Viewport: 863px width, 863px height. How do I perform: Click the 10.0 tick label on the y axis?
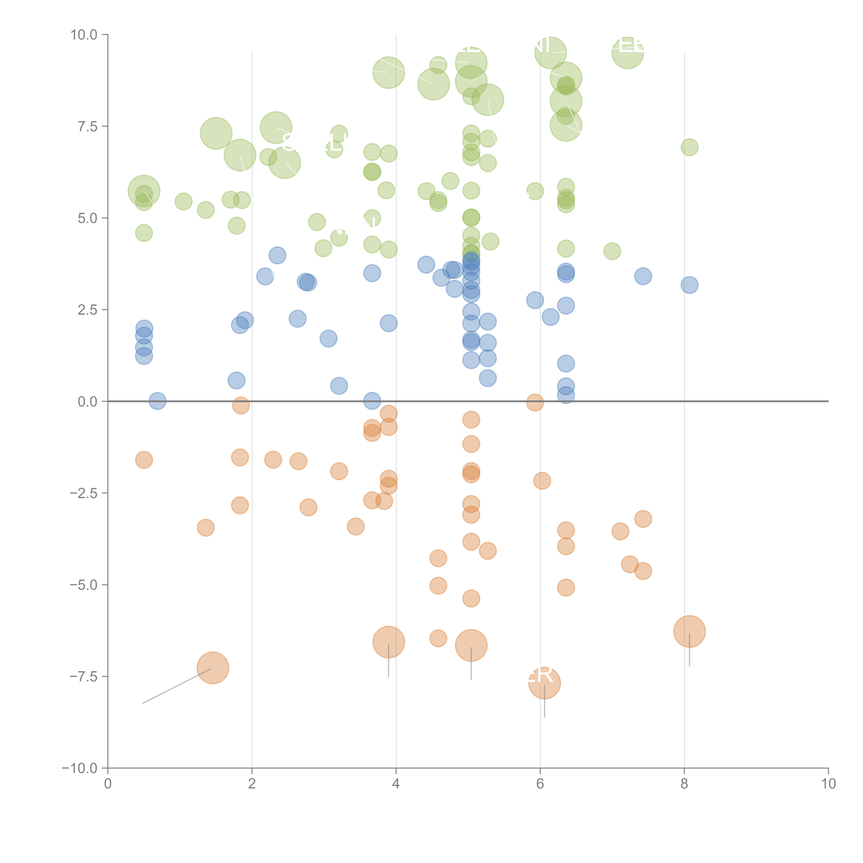(84, 35)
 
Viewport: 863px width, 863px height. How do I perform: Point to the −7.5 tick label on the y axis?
(84, 677)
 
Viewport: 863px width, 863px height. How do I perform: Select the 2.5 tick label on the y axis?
(87, 310)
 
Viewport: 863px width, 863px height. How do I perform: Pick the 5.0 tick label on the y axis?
(87, 219)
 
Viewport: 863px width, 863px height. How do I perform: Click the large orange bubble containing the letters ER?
(544, 683)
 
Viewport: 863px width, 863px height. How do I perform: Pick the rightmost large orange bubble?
(689, 631)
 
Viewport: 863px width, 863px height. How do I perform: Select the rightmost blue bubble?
(689, 285)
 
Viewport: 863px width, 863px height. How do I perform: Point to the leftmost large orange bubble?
(213, 668)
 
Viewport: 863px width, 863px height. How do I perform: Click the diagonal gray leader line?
(176, 686)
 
